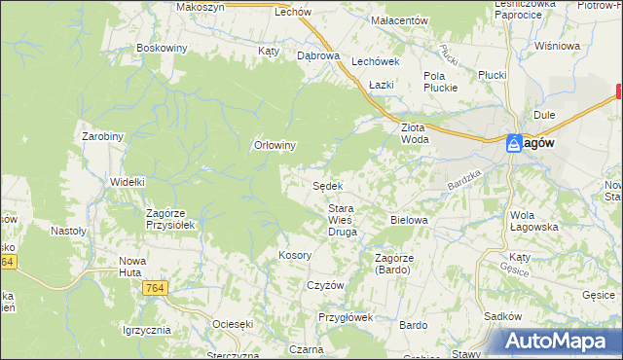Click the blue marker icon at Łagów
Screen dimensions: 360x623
click(x=514, y=143)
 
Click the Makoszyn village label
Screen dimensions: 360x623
click(x=201, y=6)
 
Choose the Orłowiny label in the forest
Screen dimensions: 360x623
click(x=275, y=145)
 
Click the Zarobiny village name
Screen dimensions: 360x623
click(x=102, y=136)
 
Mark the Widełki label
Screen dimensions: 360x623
click(x=128, y=181)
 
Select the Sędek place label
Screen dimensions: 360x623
click(x=326, y=186)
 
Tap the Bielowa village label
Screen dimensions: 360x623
click(x=409, y=220)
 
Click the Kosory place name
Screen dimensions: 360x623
click(x=294, y=254)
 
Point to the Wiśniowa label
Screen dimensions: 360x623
click(x=556, y=46)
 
